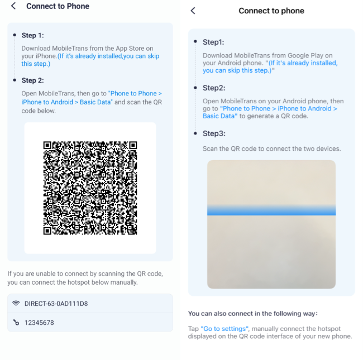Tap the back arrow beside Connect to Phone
[x=13, y=6]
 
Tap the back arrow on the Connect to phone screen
[x=193, y=11]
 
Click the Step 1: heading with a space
[x=32, y=35]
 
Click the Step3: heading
[x=214, y=133]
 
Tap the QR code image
[x=90, y=188]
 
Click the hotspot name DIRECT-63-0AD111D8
[x=56, y=304]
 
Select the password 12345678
[x=39, y=323]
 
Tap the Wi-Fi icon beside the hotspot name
[x=16, y=304]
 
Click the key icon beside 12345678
[x=16, y=323]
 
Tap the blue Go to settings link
[x=224, y=329]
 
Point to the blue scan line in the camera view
[x=271, y=210]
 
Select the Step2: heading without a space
[x=214, y=88]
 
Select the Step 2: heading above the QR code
[x=32, y=80]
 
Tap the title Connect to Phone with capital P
[x=58, y=6]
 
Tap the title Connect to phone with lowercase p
[x=271, y=11]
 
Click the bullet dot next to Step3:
[x=195, y=133]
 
